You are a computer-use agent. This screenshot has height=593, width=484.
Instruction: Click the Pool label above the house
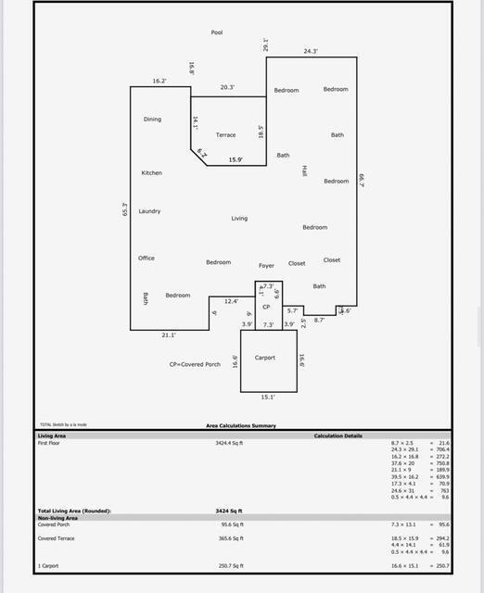pos(217,32)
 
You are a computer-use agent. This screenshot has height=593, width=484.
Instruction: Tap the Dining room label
pos(152,120)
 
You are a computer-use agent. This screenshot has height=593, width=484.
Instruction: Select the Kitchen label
pos(151,173)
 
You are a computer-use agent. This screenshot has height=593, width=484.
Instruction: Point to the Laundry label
pos(149,211)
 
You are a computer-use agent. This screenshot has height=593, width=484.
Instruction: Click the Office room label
pos(146,259)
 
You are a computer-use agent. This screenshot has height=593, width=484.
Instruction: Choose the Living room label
pos(239,219)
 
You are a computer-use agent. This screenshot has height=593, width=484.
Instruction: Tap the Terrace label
pos(225,135)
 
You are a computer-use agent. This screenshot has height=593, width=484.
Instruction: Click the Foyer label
pos(266,266)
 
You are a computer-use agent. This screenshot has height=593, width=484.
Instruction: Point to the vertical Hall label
pos(304,171)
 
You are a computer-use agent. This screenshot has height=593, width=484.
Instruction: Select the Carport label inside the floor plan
pos(265,358)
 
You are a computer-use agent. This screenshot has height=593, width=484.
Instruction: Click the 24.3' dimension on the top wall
pos(311,51)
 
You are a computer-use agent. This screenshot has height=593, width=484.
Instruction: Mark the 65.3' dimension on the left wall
pos(124,210)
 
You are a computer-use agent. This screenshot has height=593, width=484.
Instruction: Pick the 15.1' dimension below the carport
pos(267,397)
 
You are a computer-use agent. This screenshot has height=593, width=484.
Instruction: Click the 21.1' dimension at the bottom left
pos(168,334)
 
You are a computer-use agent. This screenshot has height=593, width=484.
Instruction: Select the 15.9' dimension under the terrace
pos(236,160)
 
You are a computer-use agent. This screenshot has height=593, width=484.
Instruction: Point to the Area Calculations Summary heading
pos(240,426)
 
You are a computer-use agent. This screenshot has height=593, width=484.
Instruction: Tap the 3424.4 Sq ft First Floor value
pos(228,444)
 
